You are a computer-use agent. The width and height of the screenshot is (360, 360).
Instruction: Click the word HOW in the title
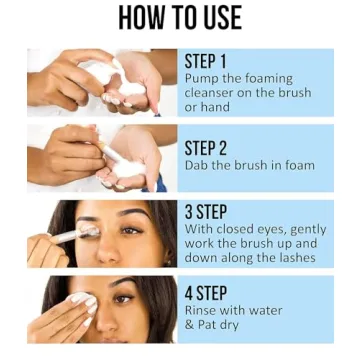(142, 18)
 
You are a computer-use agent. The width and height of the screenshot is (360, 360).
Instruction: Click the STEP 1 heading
(206, 59)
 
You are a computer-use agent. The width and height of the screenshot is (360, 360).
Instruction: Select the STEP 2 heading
(207, 146)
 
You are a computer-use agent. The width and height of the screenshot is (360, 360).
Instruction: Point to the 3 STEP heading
(207, 211)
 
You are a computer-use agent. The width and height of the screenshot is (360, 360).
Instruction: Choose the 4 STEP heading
(207, 294)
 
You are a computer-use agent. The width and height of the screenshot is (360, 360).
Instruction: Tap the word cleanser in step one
(215, 92)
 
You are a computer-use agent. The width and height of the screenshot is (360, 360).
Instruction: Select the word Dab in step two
(198, 165)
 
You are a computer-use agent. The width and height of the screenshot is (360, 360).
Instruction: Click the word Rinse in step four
(204, 312)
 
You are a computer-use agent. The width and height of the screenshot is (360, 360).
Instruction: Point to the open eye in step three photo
(130, 230)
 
